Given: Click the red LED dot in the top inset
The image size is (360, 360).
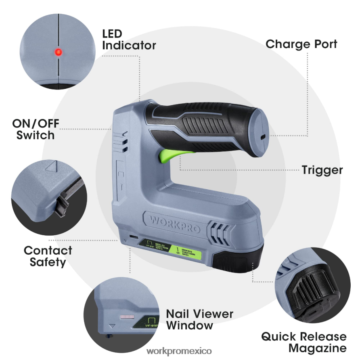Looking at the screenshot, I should click(59, 52).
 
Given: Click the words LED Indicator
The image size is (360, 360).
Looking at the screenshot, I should click(128, 40).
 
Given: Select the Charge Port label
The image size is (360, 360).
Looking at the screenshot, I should click(301, 44).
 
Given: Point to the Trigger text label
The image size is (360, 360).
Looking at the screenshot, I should click(322, 170).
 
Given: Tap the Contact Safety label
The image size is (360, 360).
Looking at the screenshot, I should click(48, 256).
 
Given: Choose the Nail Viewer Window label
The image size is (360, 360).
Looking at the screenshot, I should click(200, 319).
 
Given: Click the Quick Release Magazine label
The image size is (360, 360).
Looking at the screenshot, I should click(303, 342).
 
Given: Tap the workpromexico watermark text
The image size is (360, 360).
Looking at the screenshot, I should click(179, 351).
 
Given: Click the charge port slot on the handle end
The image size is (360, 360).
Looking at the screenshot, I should click(263, 137).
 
